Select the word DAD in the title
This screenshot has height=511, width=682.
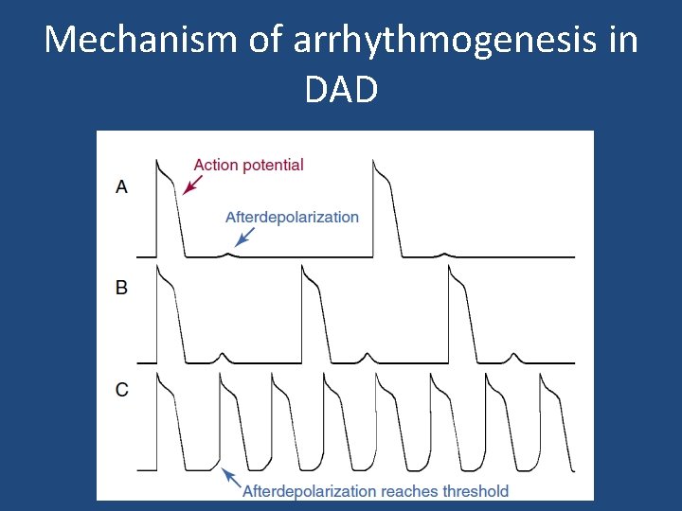(341, 89)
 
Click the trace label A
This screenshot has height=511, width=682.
(121, 187)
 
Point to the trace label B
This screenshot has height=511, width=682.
(121, 288)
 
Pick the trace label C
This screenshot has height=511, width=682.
(121, 389)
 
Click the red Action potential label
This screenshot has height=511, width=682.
(248, 165)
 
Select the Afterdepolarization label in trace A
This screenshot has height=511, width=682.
(292, 218)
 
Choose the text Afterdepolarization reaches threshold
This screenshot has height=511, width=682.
(375, 491)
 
